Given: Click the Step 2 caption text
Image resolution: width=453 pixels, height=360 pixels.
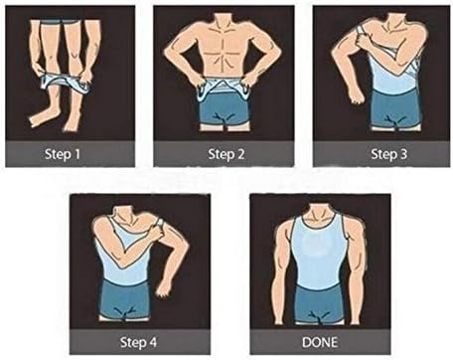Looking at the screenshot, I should (x=227, y=153).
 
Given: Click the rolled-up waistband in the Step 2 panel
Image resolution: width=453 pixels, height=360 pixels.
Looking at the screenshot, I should (x=227, y=91).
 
